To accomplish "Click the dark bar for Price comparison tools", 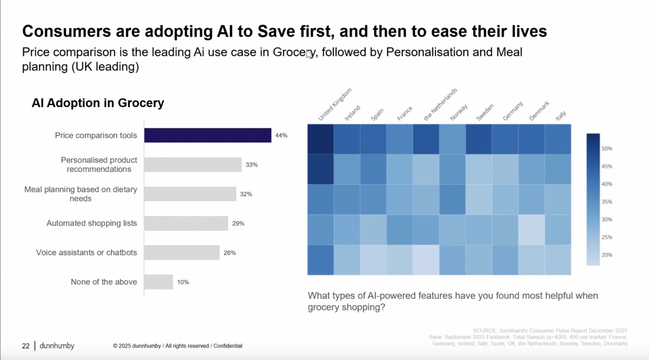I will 208,135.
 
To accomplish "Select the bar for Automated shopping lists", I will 186,223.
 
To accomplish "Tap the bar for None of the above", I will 158,282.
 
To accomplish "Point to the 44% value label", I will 281,136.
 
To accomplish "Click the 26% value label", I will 230,252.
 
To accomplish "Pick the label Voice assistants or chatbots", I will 87,252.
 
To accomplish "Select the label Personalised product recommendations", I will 99,165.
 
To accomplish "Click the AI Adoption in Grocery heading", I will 98,103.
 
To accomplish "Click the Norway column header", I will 459,114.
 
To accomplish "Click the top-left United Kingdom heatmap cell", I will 321,139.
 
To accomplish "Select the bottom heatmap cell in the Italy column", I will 558,260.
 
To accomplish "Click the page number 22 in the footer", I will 25,345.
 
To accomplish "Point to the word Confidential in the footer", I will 228,346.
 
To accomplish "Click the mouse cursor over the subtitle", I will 309,54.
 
